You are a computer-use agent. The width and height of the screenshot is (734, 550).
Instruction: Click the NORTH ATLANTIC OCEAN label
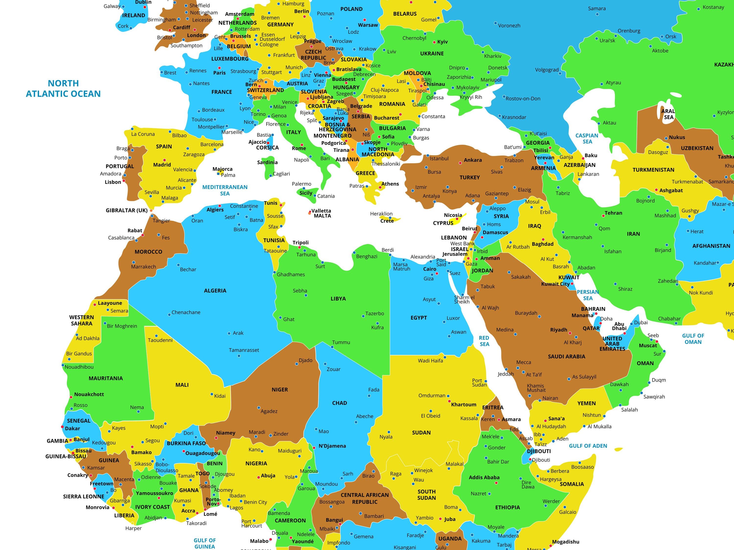(x=63, y=88)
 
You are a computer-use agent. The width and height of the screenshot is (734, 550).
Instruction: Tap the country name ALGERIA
(x=215, y=291)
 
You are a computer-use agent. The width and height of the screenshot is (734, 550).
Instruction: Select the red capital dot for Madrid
(x=164, y=160)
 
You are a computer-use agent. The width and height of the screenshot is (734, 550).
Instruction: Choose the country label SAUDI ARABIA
(x=566, y=357)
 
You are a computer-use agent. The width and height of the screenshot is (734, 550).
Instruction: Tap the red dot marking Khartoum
(x=450, y=401)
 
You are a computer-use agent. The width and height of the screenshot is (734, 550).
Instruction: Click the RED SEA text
(x=484, y=341)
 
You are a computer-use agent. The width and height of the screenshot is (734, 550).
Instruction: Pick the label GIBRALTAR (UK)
(x=126, y=210)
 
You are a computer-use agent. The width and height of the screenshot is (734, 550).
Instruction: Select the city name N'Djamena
(x=332, y=446)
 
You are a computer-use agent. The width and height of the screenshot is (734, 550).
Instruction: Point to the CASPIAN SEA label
(x=587, y=139)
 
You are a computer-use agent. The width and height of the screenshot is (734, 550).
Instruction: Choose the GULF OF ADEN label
(x=588, y=446)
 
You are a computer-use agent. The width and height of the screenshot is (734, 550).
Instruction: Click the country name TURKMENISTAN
(x=653, y=170)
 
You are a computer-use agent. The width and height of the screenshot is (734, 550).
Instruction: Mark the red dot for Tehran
(x=603, y=216)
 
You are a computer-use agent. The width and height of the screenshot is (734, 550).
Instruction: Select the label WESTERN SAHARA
(x=82, y=320)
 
